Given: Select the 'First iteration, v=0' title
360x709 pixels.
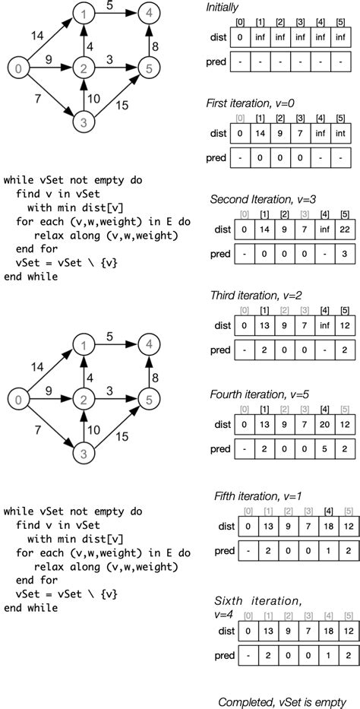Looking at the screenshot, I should (254, 103).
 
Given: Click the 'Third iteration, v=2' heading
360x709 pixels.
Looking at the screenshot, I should (255, 295).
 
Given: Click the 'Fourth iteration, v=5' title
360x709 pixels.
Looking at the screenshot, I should (258, 394).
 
